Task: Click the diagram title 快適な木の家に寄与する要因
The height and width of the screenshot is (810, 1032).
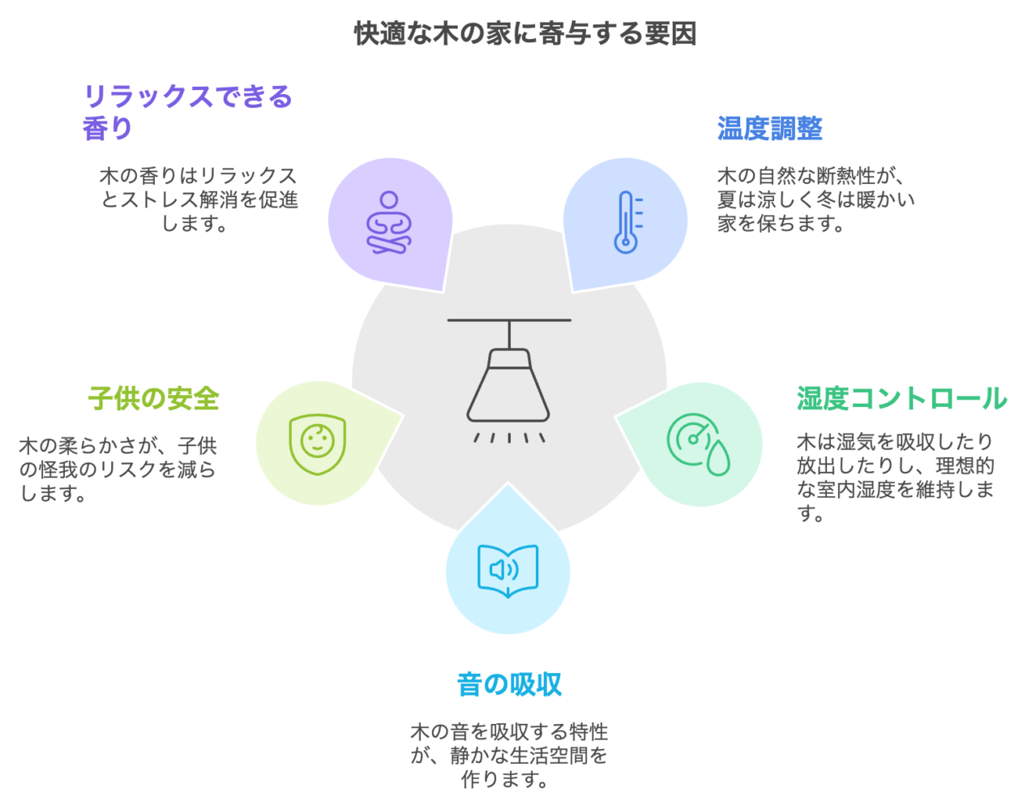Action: tap(525, 34)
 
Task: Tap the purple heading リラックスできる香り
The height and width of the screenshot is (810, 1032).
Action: tap(187, 112)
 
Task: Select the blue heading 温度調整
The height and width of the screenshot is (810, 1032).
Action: tap(769, 129)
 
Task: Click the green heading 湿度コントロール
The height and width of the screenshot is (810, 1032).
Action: tap(901, 399)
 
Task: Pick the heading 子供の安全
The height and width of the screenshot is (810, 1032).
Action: tap(153, 399)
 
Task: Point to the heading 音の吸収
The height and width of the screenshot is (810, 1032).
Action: tap(509, 684)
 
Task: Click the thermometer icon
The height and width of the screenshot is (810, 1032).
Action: tap(627, 221)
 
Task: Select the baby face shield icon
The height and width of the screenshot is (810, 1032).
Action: tap(318, 444)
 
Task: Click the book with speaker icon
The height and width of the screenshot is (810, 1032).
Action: tap(508, 570)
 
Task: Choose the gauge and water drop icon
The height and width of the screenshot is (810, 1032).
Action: tap(698, 444)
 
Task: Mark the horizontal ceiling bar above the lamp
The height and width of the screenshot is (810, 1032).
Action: tap(509, 320)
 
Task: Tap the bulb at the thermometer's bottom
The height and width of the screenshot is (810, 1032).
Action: tap(625, 242)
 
